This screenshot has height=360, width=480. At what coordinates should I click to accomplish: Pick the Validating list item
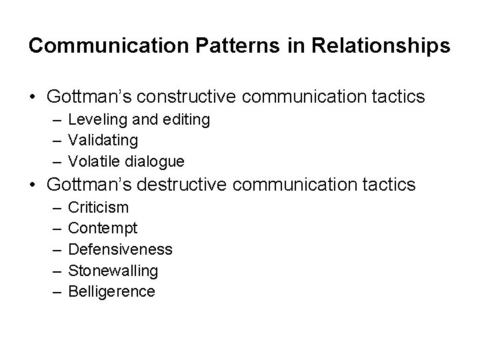103,140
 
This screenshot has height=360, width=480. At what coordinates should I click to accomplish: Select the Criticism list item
99,207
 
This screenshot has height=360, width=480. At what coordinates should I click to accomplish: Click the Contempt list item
103,228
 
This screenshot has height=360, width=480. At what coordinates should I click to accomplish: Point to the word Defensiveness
120,249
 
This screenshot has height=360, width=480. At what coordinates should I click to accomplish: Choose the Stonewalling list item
113,270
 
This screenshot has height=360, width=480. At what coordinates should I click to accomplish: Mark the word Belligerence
111,291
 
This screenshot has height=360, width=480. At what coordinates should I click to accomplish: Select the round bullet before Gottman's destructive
33,185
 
